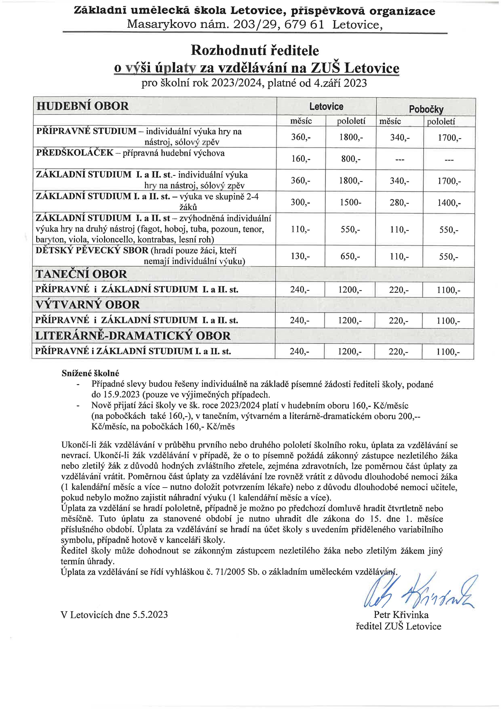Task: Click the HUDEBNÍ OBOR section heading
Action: coord(82,106)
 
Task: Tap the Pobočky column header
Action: coord(426,109)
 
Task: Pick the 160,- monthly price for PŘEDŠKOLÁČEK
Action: coord(301,159)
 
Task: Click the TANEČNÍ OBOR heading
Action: coord(81,274)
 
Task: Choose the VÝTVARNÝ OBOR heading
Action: coord(88,305)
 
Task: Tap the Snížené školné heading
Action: coord(90,373)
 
